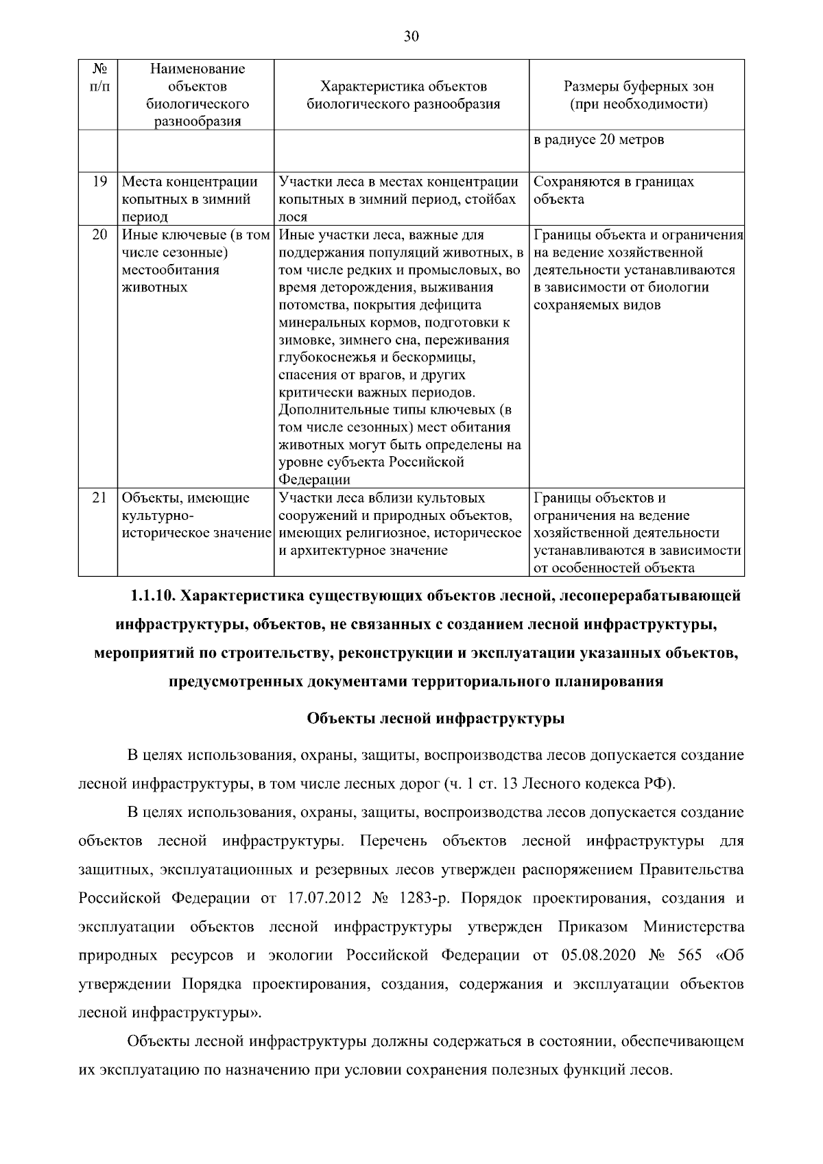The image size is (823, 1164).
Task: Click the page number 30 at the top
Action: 411,37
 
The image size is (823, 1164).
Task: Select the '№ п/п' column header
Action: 98,78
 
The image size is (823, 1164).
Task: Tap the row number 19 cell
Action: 99,182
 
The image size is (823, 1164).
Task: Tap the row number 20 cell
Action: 99,235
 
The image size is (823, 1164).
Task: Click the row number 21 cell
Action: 99,498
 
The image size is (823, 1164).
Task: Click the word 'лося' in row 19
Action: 293,217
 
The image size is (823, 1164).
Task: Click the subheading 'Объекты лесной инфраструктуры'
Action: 436,719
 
